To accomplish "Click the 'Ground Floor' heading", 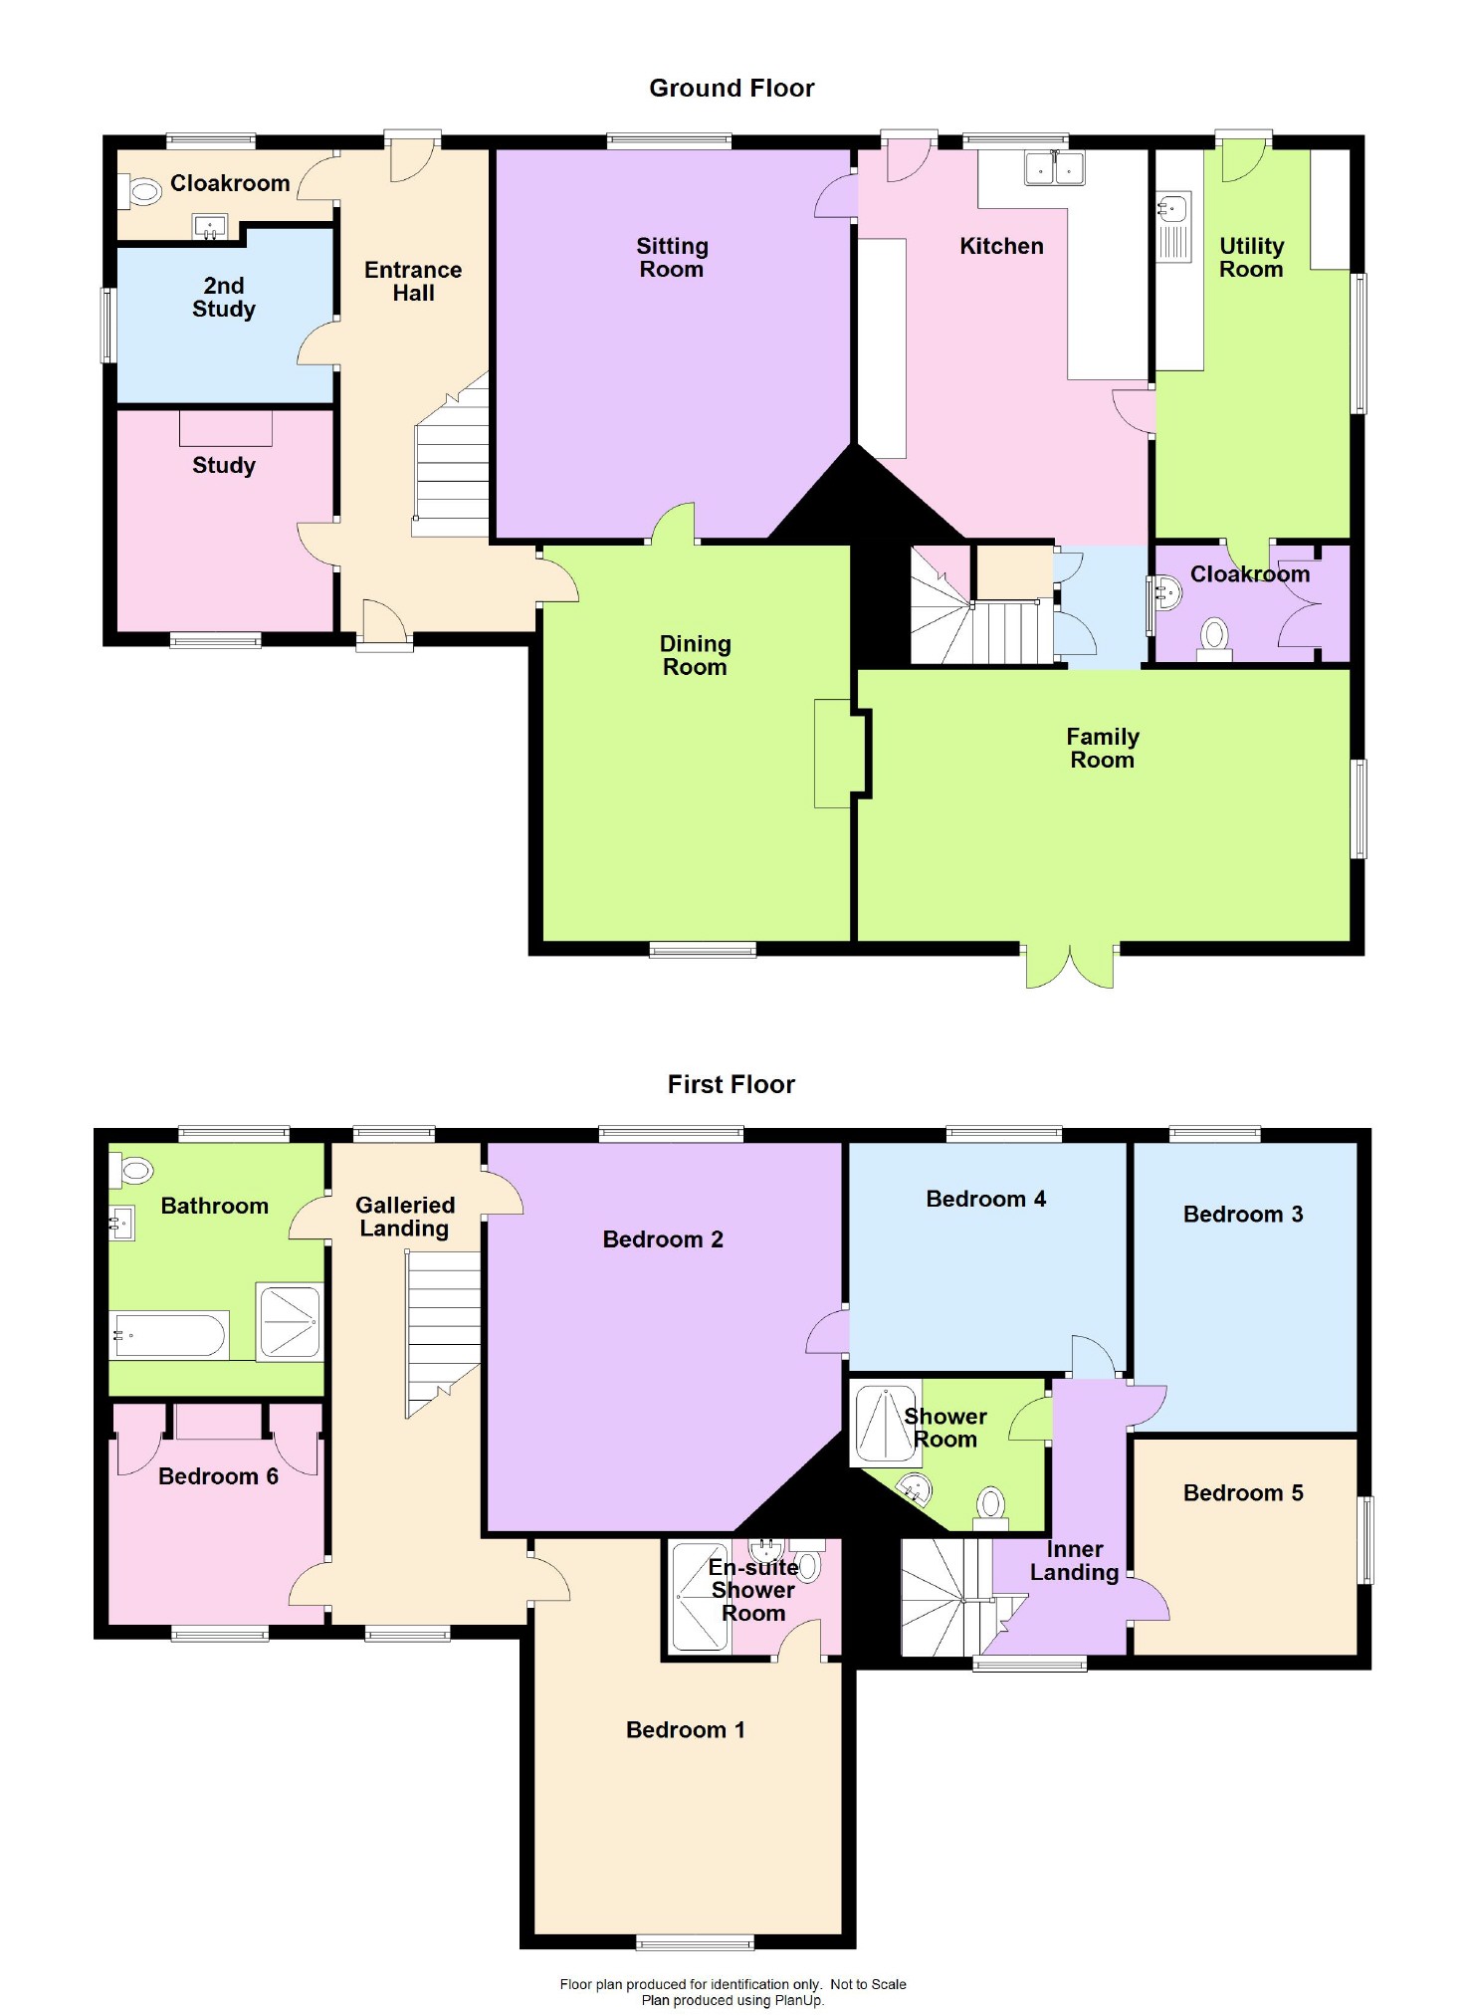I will [732, 89].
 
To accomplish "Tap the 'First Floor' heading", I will [732, 1084].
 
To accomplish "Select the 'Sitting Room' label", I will [672, 258].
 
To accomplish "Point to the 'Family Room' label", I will [1102, 748].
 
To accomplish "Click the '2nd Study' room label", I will [224, 298].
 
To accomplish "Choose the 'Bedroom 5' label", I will [1243, 1492].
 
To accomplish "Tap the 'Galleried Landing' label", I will [405, 1217].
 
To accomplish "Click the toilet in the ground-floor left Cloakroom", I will [141, 191].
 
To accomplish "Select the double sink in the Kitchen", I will [1054, 168].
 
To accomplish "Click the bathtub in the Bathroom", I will [170, 1335].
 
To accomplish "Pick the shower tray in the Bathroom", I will [290, 1322].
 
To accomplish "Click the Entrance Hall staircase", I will [453, 463].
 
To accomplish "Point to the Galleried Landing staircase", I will [443, 1329].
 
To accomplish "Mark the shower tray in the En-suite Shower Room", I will [701, 1597].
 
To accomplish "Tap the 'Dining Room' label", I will [695, 656].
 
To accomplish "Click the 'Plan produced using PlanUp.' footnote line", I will [733, 2000].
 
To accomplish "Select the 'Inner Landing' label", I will [1074, 1561].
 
